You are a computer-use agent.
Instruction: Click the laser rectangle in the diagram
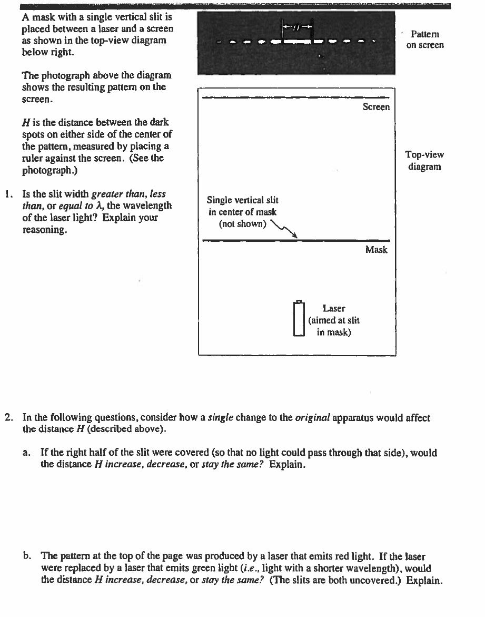pyautogui.click(x=299, y=318)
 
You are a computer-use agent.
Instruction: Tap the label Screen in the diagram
pyautogui.click(x=376, y=107)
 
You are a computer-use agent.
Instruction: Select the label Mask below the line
pyautogui.click(x=376, y=250)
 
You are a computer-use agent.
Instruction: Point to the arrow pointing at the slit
pyautogui.click(x=284, y=230)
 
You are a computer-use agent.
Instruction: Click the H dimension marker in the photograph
pyautogui.click(x=298, y=26)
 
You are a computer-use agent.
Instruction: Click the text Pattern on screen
pyautogui.click(x=424, y=40)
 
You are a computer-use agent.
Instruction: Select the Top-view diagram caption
pyautogui.click(x=424, y=161)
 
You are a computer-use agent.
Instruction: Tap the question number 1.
pyautogui.click(x=7, y=194)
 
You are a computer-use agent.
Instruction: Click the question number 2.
pyautogui.click(x=8, y=418)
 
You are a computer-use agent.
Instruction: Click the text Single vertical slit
pyautogui.click(x=242, y=200)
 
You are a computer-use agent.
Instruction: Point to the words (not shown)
pyautogui.click(x=242, y=223)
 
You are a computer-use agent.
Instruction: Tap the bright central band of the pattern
pyautogui.click(x=298, y=41)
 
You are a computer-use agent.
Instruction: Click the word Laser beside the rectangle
pyautogui.click(x=334, y=308)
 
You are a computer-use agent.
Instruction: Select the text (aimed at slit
pyautogui.click(x=334, y=320)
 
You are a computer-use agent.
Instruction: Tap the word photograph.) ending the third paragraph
pyautogui.click(x=48, y=171)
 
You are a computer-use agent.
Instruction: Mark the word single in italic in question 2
pyautogui.click(x=220, y=418)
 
